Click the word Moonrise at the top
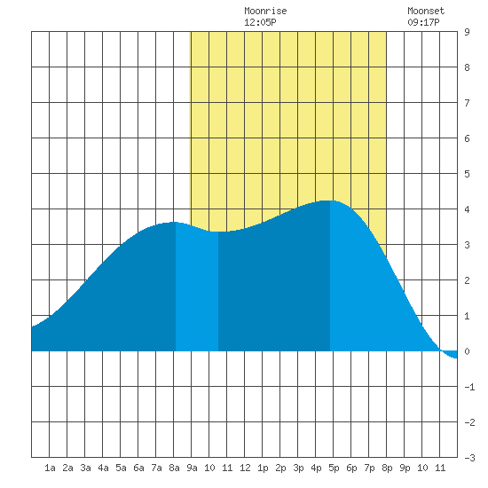coord(265,11)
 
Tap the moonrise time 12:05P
coord(260,22)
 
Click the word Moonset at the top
coord(426,11)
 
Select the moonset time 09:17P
coord(423,22)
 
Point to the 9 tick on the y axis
coord(467,32)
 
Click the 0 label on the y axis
coord(467,351)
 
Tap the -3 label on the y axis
coord(469,458)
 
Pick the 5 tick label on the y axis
coord(467,174)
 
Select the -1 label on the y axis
coord(469,387)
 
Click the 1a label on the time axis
coord(50,468)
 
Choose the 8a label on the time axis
coord(174,468)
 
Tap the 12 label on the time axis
coord(245,468)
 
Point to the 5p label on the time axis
coord(334,468)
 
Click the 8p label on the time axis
coord(387,468)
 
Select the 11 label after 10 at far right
coord(440,468)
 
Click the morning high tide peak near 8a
coord(174,222)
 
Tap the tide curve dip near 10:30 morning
coord(218,232)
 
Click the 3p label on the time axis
coord(298,468)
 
